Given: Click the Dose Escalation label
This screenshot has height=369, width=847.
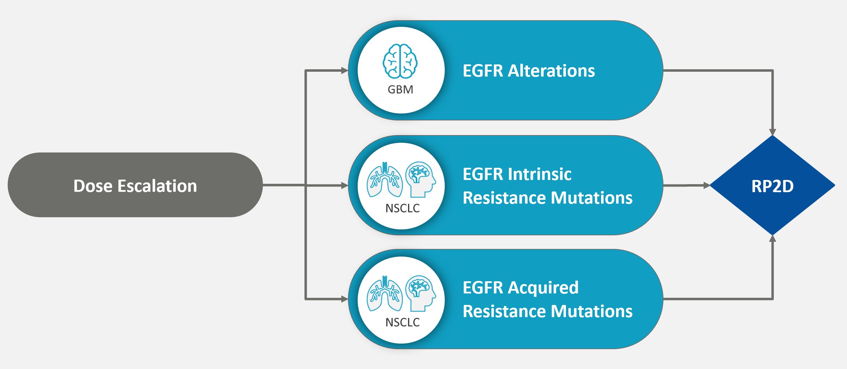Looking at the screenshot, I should pyautogui.click(x=135, y=186).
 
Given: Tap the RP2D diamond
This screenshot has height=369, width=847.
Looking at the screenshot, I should pyautogui.click(x=772, y=186).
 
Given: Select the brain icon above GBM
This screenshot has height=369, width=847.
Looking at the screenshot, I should pyautogui.click(x=401, y=61).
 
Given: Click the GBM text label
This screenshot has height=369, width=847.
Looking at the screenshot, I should pyautogui.click(x=401, y=89).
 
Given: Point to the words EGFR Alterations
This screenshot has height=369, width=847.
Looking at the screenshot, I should pyautogui.click(x=529, y=71).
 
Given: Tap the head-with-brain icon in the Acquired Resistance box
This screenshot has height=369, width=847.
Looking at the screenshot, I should pyautogui.click(x=421, y=293).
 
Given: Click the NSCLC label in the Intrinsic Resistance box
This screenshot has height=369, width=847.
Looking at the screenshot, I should pyautogui.click(x=402, y=208).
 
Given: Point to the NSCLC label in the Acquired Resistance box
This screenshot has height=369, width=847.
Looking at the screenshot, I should pyautogui.click(x=402, y=322).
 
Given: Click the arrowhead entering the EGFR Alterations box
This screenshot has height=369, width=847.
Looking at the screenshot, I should pyautogui.click(x=344, y=71).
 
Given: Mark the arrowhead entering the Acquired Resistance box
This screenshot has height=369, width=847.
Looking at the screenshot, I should pyautogui.click(x=344, y=299).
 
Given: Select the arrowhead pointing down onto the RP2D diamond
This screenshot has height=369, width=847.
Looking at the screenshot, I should pyautogui.click(x=772, y=132).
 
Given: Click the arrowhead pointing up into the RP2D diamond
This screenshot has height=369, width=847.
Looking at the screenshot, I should pyautogui.click(x=772, y=239).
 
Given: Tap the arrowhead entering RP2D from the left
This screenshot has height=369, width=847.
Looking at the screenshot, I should pyautogui.click(x=707, y=186).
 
